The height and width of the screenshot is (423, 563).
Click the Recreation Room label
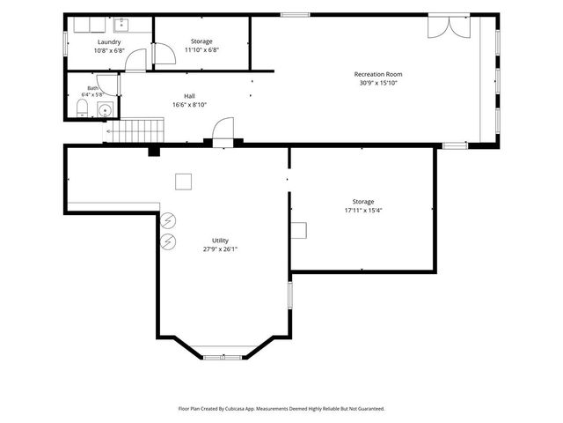click(378, 74)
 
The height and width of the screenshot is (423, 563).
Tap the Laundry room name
click(109, 42)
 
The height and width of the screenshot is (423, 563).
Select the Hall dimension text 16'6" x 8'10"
click(190, 105)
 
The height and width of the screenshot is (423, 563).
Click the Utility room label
click(220, 241)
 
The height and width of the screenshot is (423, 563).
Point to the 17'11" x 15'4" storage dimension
click(363, 211)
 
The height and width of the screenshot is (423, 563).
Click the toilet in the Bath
click(83, 108)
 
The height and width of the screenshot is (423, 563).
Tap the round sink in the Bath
click(106, 109)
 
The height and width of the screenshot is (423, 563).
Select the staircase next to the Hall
click(135, 130)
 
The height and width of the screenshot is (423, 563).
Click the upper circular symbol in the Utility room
click(168, 220)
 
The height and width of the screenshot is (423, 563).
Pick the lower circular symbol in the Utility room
click(168, 241)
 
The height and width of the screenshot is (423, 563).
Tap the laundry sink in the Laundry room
click(121, 25)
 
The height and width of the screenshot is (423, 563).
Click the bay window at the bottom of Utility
click(223, 357)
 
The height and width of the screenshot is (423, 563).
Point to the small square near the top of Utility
click(183, 182)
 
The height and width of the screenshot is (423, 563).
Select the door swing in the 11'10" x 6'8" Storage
click(164, 54)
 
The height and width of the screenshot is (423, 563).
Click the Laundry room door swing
click(135, 61)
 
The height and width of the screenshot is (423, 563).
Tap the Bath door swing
click(107, 85)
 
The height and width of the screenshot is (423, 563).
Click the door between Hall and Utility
click(223, 131)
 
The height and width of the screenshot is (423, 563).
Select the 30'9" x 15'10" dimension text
click(378, 83)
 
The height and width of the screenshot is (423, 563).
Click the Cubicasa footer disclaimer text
click(281, 409)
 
